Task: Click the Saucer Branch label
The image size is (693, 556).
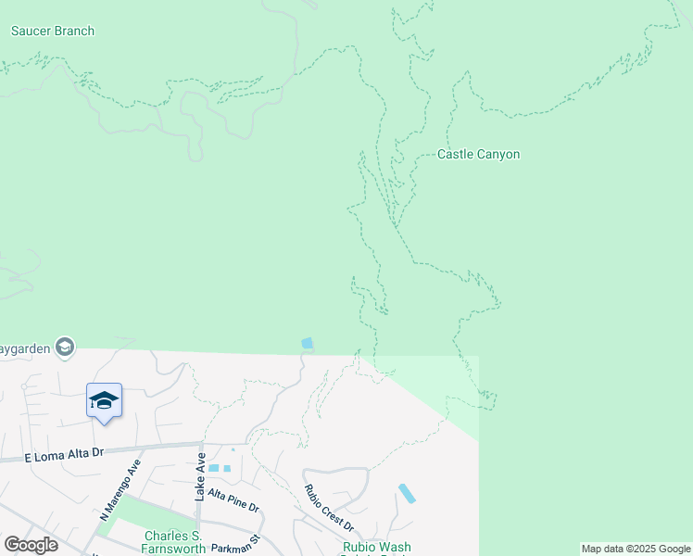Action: tap(53, 31)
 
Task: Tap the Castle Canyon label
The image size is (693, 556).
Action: tap(478, 155)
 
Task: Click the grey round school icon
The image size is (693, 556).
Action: tap(64, 347)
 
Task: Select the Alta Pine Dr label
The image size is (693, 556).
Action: tap(234, 501)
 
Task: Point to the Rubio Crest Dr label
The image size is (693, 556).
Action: tap(330, 506)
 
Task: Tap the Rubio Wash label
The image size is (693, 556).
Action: tap(376, 548)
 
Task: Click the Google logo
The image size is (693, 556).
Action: tap(31, 545)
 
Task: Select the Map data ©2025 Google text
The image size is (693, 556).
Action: tap(636, 549)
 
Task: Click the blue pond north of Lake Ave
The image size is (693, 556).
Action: tap(308, 344)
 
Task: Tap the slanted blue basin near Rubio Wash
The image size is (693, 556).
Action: tap(407, 493)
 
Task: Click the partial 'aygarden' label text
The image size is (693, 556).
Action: tap(26, 348)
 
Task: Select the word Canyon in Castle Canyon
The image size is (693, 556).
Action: tap(498, 155)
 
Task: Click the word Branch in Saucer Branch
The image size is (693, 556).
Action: tap(74, 31)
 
